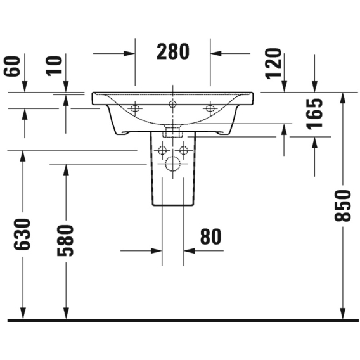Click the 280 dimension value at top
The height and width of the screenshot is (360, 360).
coord(173,52)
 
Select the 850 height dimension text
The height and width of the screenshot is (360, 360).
coord(342,206)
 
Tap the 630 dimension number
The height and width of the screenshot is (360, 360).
coord(22,234)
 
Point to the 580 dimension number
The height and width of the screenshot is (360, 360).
coord(65,240)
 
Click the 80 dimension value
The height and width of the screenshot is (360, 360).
coord(211,236)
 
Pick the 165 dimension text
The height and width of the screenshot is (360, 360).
coord(315,114)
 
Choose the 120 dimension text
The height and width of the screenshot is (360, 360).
coord(273,63)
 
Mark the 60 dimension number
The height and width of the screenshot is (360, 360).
coord(12,66)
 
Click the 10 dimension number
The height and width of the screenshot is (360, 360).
coord(54,66)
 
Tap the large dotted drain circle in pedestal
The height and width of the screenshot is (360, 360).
coord(173,164)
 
